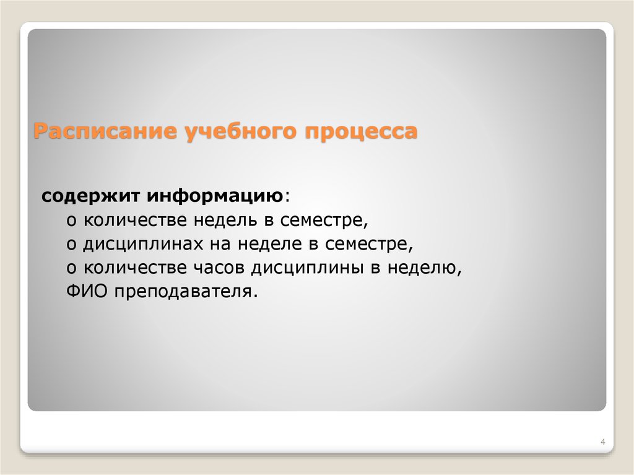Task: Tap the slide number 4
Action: point(602,442)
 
